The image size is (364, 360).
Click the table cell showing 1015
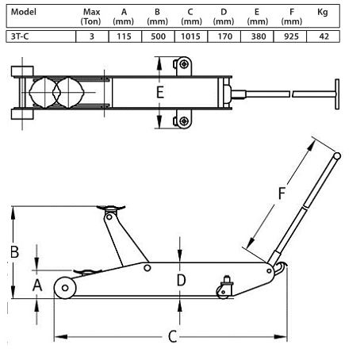pyautogui.click(x=190, y=36)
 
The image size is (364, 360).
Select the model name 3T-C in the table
pyautogui.click(x=20, y=36)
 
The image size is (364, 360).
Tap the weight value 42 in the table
pyautogui.click(x=324, y=36)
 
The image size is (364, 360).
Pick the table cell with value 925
pyautogui.click(x=291, y=36)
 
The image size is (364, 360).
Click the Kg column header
pyautogui.click(x=323, y=13)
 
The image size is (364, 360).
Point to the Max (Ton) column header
pyautogui.click(x=91, y=17)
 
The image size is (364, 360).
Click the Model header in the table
pyautogui.click(x=24, y=12)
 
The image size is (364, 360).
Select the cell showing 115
pyautogui.click(x=125, y=36)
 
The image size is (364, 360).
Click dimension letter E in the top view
pyautogui.click(x=159, y=93)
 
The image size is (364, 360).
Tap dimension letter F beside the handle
pyautogui.click(x=282, y=193)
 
